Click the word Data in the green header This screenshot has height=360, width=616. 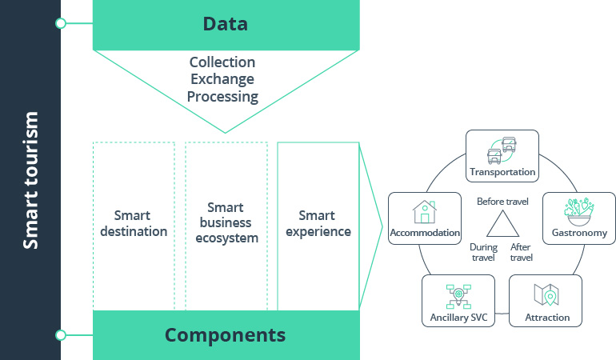[225, 24]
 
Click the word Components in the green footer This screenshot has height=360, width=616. [225, 334]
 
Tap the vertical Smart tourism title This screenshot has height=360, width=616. [30, 180]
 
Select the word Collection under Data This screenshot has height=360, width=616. [222, 62]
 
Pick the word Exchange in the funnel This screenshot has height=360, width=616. [222, 79]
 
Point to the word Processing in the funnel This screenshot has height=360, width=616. [223, 97]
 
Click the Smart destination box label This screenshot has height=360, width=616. [134, 223]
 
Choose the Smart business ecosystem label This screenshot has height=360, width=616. [226, 223]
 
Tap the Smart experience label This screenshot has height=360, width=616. [318, 223]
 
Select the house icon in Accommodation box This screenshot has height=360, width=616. [424, 212]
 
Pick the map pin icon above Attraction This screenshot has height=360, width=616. [546, 296]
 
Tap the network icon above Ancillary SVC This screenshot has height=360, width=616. [458, 296]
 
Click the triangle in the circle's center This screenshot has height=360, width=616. [502, 226]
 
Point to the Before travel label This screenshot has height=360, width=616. [502, 202]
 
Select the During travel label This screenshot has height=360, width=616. [483, 252]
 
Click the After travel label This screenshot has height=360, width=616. [522, 252]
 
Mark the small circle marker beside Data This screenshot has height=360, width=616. [61, 23]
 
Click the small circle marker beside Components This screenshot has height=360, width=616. [61, 334]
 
